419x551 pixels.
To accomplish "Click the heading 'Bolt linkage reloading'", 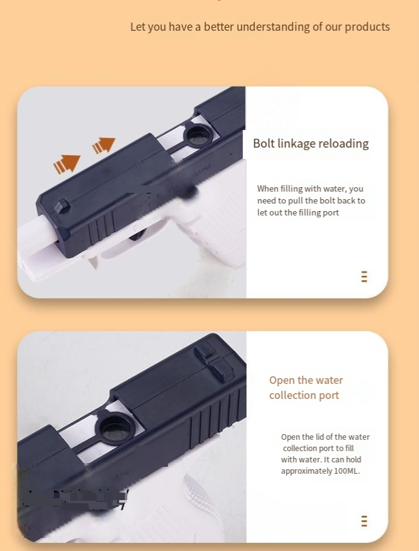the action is tap(310, 144).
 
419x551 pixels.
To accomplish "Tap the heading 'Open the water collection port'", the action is tap(306, 388).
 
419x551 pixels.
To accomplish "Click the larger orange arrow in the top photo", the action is tap(66, 164).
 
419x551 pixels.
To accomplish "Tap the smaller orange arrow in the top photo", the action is tap(104, 145).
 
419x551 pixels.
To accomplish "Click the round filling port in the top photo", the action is tap(198, 135).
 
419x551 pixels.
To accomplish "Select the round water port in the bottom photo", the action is tap(115, 427).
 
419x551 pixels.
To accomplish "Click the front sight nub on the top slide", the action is tap(61, 206).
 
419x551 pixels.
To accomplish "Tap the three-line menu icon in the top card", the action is tap(364, 276).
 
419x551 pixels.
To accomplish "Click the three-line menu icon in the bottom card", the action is tap(364, 521).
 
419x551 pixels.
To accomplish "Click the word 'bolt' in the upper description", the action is tap(327, 200).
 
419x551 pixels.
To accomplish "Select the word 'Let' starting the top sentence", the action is tap(137, 27).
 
